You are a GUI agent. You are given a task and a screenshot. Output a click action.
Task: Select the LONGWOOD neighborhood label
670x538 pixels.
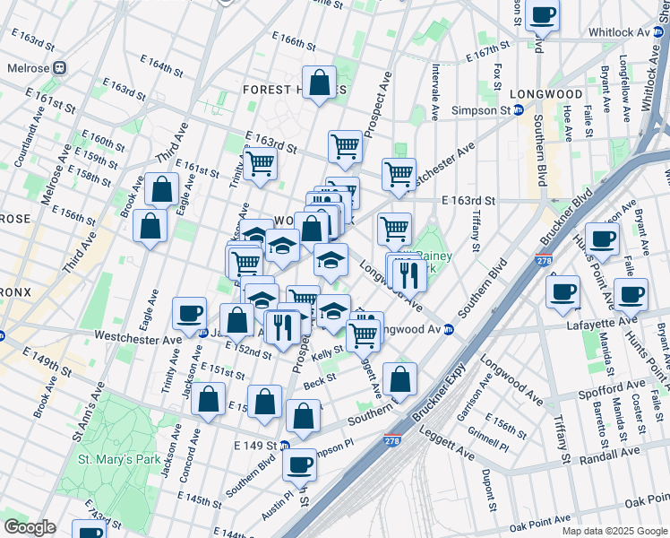pos(545,94)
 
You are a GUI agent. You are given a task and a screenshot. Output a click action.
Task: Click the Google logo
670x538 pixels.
pos(30,527)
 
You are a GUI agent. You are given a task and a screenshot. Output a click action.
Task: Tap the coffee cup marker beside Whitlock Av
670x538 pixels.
pos(543,14)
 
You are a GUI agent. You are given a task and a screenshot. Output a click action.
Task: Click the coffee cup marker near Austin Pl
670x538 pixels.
pos(300,464)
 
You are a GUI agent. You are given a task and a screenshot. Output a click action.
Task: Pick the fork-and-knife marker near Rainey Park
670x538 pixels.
pos(408,274)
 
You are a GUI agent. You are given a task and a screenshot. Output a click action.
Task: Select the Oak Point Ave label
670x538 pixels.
pos(540,520)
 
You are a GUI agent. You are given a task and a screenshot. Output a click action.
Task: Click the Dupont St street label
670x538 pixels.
pos(489,490)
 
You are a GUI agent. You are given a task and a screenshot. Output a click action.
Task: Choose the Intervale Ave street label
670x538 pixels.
pos(434,91)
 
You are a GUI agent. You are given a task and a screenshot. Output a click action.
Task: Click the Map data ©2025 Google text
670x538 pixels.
pos(614,531)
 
